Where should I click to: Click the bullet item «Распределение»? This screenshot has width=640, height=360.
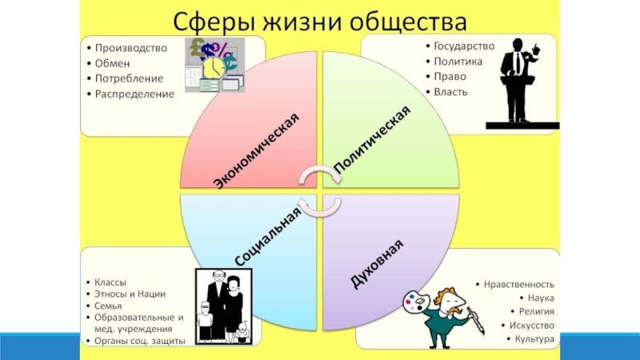point(134,94)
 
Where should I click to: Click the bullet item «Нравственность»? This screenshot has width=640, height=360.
point(518,284)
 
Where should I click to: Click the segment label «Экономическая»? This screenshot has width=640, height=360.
point(256,150)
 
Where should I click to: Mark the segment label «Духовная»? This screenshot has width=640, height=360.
point(377,263)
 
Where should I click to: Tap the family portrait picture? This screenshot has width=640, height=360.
point(224,306)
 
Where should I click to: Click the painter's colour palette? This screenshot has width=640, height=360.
point(415,302)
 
